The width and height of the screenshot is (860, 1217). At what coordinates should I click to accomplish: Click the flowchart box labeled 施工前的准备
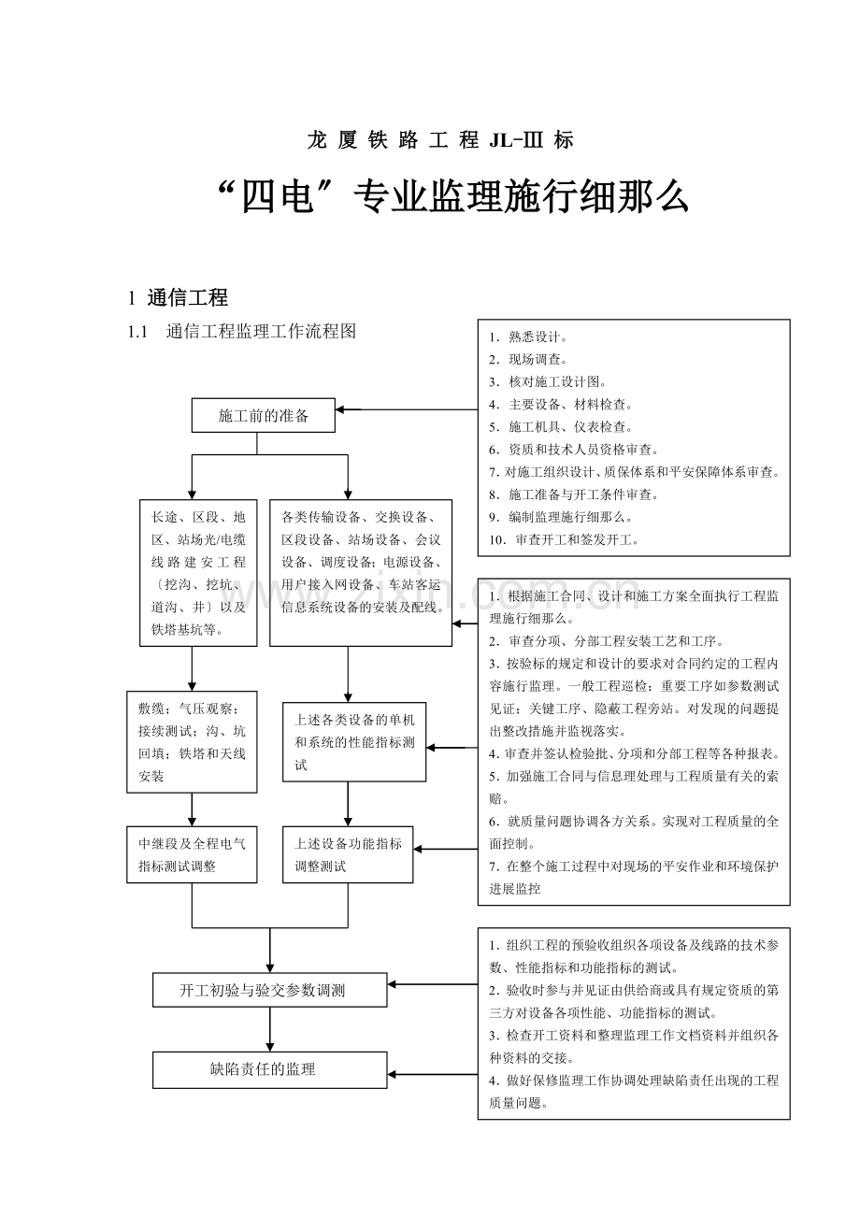263,416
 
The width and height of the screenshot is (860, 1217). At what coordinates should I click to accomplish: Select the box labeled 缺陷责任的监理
269,1069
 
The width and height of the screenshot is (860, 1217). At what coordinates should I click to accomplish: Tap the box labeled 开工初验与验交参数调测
269,990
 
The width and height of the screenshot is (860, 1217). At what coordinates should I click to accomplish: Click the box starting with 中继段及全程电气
192,854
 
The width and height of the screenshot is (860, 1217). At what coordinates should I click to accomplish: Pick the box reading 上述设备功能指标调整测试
348,854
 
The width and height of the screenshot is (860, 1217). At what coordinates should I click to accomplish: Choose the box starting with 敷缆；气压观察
192,742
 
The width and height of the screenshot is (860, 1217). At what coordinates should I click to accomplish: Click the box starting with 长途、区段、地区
198,573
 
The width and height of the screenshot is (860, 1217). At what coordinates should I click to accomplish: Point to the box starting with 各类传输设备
361,573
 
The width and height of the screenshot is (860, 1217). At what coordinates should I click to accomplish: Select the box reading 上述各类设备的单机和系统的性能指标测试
354,742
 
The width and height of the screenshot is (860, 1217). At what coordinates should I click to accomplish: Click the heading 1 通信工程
178,297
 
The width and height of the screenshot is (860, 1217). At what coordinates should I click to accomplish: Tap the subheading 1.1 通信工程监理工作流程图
242,331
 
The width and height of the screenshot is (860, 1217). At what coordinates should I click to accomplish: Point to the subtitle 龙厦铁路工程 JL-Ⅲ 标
440,140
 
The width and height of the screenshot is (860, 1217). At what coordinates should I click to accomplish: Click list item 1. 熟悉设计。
528,336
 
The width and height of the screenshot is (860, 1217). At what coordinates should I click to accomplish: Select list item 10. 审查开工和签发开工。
564,540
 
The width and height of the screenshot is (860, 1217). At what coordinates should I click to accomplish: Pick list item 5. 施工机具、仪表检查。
561,427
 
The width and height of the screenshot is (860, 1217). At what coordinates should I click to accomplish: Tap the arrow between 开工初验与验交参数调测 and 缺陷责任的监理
270,1029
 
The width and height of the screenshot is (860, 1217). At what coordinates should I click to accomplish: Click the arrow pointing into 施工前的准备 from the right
407,409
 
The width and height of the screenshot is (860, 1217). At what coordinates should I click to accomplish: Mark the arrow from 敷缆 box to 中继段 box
192,809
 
